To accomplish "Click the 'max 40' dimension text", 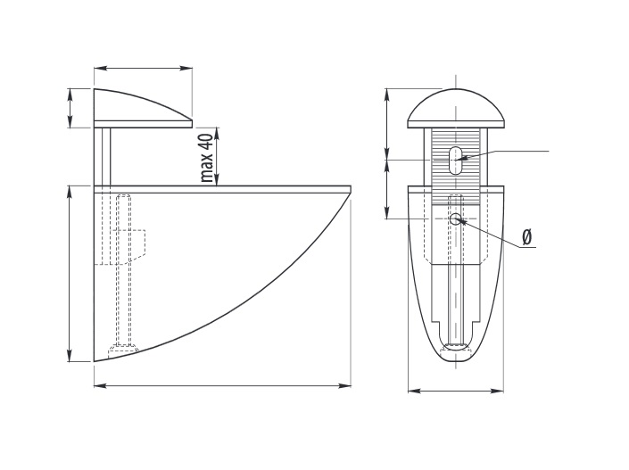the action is pyautogui.click(x=207, y=158).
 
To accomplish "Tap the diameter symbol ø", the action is pyautogui.click(x=527, y=237).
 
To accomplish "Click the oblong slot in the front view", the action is pyautogui.click(x=455, y=161).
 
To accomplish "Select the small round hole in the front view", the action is pyautogui.click(x=455, y=219).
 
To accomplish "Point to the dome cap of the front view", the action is pyautogui.click(x=456, y=109).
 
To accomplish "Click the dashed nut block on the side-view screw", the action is pyautogui.click(x=137, y=243).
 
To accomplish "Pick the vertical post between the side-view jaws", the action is pyautogui.click(x=103, y=157).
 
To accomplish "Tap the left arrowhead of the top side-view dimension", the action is pyautogui.click(x=101, y=69).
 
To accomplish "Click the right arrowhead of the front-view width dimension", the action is pyautogui.click(x=497, y=391).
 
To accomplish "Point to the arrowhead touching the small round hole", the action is pyautogui.click(x=462, y=221).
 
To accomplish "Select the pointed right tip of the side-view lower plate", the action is pyautogui.click(x=351, y=189).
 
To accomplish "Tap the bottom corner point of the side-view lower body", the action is pyautogui.click(x=95, y=361).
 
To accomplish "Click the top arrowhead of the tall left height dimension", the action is pyautogui.click(x=70, y=193).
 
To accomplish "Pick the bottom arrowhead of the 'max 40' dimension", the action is pyautogui.click(x=217, y=179).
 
